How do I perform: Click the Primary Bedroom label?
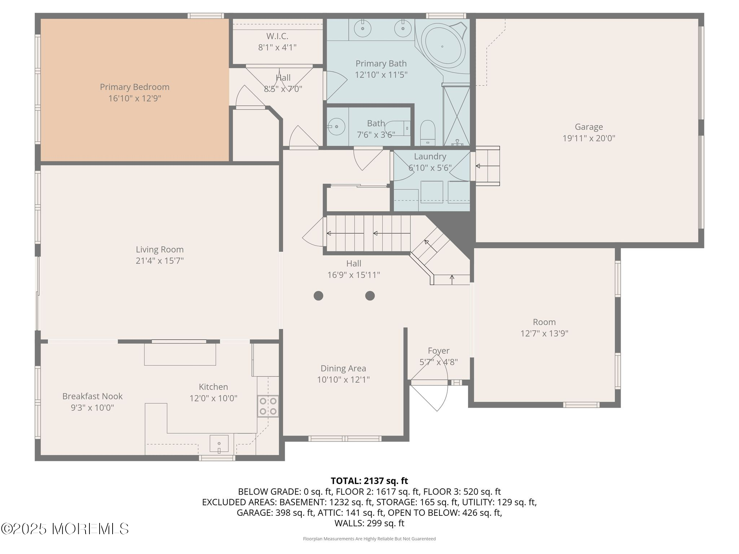pyautogui.click(x=135, y=87)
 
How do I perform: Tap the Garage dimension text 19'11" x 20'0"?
pyautogui.click(x=589, y=138)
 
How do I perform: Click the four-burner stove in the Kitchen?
pyautogui.click(x=268, y=406)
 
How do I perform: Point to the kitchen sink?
pyautogui.click(x=219, y=443)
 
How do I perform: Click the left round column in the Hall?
pyautogui.click(x=318, y=296)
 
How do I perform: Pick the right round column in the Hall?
pyautogui.click(x=370, y=296)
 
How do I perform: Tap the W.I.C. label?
pyautogui.click(x=277, y=36)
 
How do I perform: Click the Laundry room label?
pyautogui.click(x=430, y=157)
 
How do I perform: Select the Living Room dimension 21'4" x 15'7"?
pyautogui.click(x=160, y=261)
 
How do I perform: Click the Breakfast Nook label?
pyautogui.click(x=92, y=396)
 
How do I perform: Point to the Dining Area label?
pyautogui.click(x=344, y=369)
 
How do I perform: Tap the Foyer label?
pyautogui.click(x=439, y=351)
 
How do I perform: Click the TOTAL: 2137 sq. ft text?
pyautogui.click(x=369, y=481)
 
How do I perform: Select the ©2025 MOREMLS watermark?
pyautogui.click(x=65, y=529)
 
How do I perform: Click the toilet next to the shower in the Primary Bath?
pyautogui.click(x=428, y=133)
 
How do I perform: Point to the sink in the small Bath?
pyautogui.click(x=336, y=127)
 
